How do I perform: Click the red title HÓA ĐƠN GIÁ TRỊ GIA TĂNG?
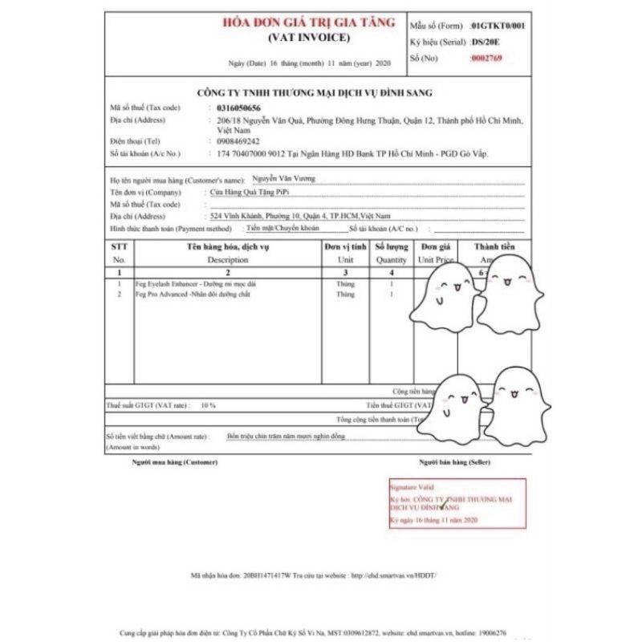click(x=309, y=23)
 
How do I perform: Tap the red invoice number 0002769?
click(x=487, y=58)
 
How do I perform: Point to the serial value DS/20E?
click(x=486, y=42)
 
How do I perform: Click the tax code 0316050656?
click(x=238, y=108)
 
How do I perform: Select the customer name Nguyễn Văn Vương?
click(x=284, y=181)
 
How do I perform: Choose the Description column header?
click(x=228, y=260)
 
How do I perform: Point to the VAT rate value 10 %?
click(x=209, y=405)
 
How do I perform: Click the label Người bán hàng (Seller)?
click(x=454, y=463)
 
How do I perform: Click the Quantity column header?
click(x=392, y=260)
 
